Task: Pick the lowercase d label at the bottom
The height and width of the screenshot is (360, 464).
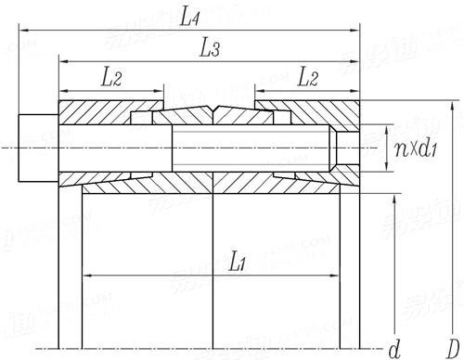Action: [x=393, y=349]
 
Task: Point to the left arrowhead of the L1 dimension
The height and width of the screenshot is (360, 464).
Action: [x=87, y=276]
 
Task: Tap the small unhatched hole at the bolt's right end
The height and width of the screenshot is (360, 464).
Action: [x=347, y=148]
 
